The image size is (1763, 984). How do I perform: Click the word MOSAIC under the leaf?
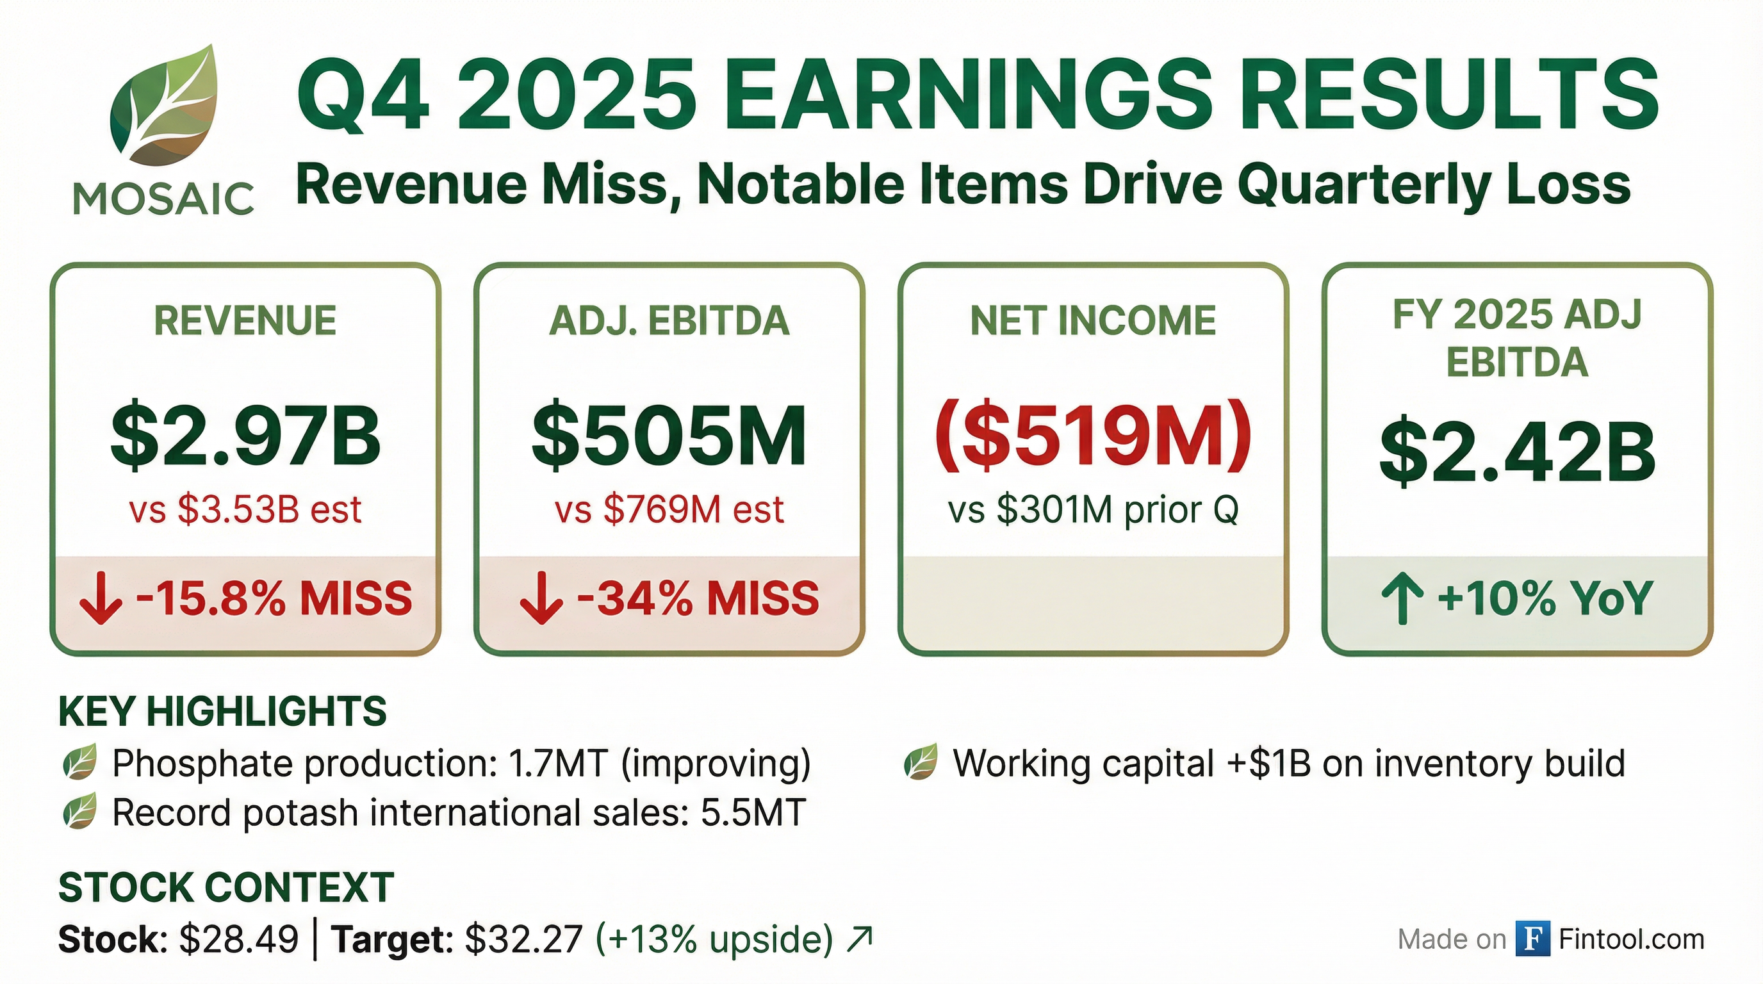(x=163, y=199)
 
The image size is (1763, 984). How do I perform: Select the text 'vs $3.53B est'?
(x=246, y=510)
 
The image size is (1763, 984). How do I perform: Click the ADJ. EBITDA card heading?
(x=669, y=321)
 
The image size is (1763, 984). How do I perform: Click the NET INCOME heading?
(x=1093, y=321)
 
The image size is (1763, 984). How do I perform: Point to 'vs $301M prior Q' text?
(x=1093, y=510)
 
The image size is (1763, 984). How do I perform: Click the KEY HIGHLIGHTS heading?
(x=222, y=712)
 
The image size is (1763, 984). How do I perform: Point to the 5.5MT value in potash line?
(x=753, y=813)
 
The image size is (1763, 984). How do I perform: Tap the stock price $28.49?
(x=239, y=939)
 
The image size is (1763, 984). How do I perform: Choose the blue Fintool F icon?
(x=1532, y=939)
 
